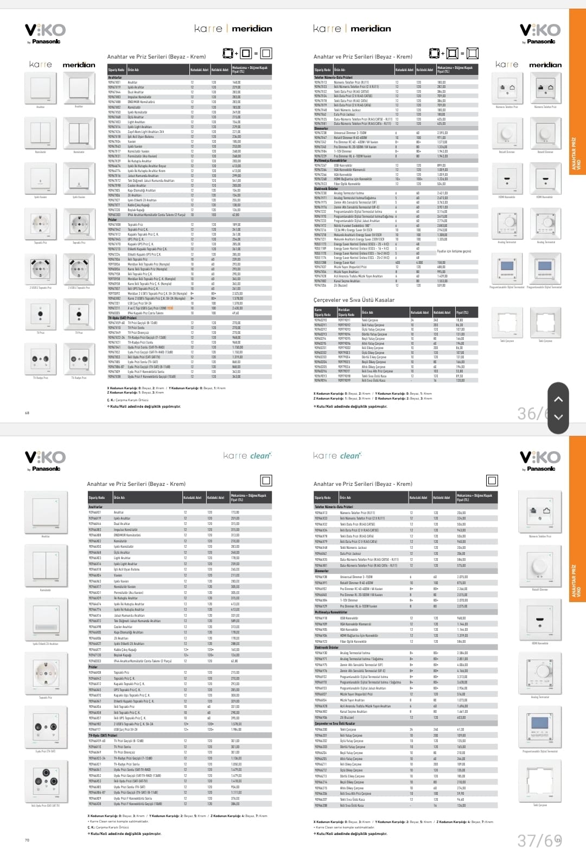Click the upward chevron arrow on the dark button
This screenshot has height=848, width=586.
[558, 399]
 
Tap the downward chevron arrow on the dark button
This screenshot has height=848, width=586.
[558, 417]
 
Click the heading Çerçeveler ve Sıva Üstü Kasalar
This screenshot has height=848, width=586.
[354, 300]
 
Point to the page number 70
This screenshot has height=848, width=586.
[27, 840]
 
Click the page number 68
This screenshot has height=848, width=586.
[27, 413]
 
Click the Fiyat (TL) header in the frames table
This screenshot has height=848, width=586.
[462, 313]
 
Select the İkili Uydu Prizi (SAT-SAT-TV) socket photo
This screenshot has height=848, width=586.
[46, 782]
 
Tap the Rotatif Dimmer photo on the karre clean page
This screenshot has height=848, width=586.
[540, 567]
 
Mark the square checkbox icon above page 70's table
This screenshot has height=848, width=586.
[266, 480]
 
